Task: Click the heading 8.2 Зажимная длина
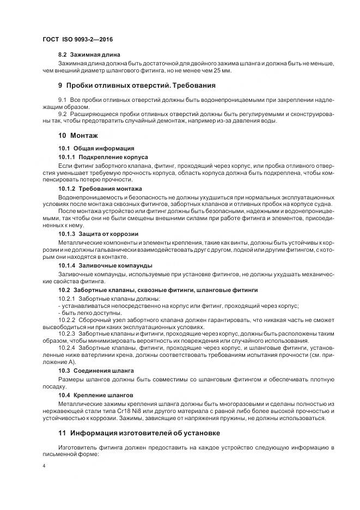[89, 55]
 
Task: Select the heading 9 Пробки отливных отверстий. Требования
[137, 86]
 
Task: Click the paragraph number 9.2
[62, 113]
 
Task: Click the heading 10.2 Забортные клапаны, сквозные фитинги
[158, 290]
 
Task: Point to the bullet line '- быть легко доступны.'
[89, 313]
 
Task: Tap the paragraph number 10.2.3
[66, 333]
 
